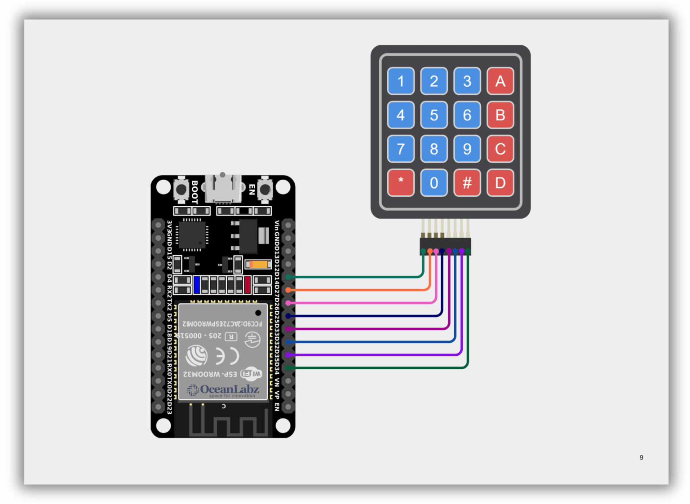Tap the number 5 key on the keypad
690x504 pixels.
(x=433, y=115)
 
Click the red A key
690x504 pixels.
(x=500, y=81)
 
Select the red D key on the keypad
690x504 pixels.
(x=500, y=183)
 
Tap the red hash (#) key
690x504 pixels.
(x=467, y=183)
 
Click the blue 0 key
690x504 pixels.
(x=433, y=183)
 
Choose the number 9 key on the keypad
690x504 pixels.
(x=467, y=149)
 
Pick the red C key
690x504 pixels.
(x=500, y=149)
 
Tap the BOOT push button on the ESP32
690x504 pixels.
(x=181, y=190)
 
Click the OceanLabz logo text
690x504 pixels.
(x=229, y=389)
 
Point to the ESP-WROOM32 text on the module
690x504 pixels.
(x=210, y=374)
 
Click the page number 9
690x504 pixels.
(x=641, y=457)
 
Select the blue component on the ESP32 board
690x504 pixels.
(x=197, y=285)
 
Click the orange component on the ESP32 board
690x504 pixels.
(x=259, y=265)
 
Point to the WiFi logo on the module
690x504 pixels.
(x=251, y=373)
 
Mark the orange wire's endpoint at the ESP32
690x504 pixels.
(x=288, y=290)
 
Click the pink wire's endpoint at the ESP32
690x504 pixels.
(x=288, y=303)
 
